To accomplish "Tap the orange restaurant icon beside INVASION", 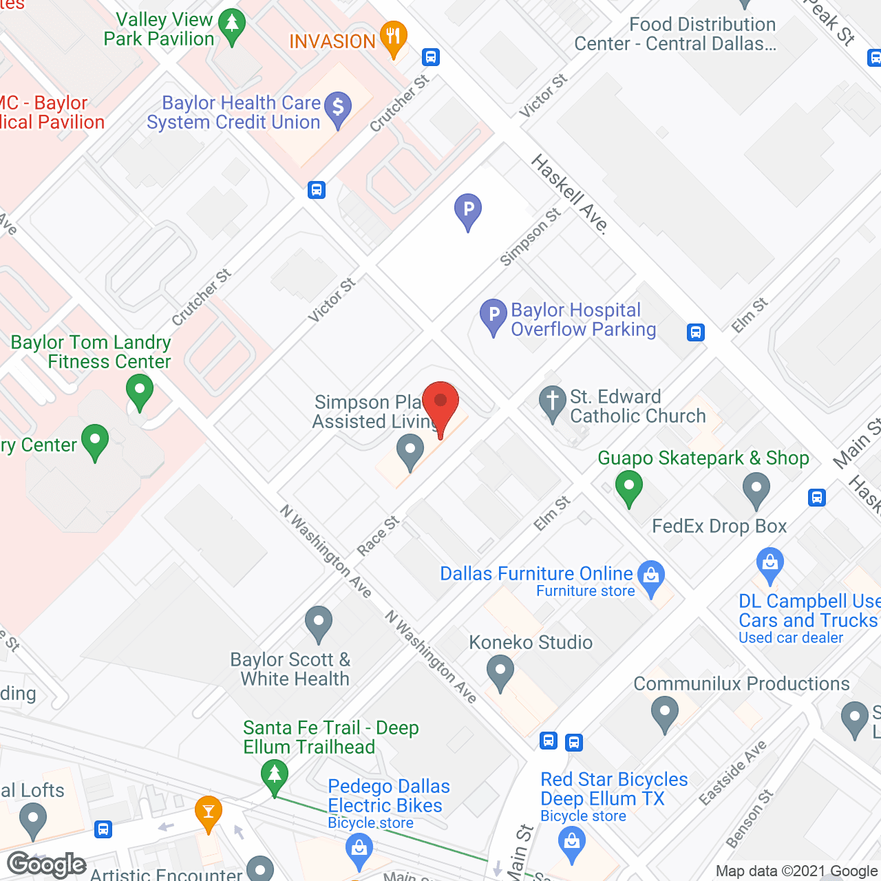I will [x=393, y=38].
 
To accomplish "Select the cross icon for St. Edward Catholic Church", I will [x=552, y=402].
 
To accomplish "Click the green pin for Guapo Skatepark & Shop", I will [x=628, y=487].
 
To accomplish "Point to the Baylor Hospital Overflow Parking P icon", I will [x=493, y=317].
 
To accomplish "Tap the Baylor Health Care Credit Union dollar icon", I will [x=338, y=108].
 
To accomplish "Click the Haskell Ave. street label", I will [x=570, y=194].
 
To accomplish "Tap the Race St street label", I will [x=378, y=535].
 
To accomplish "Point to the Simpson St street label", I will [x=530, y=237].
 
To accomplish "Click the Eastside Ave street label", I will [x=732, y=772].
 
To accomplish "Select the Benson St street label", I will [x=750, y=818].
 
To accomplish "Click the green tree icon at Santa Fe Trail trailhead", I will [x=275, y=775].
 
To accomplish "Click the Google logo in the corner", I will [x=47, y=864].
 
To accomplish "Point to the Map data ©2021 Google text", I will [x=796, y=871].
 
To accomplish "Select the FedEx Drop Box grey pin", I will [x=756, y=491].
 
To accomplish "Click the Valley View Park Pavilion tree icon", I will [x=232, y=26].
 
